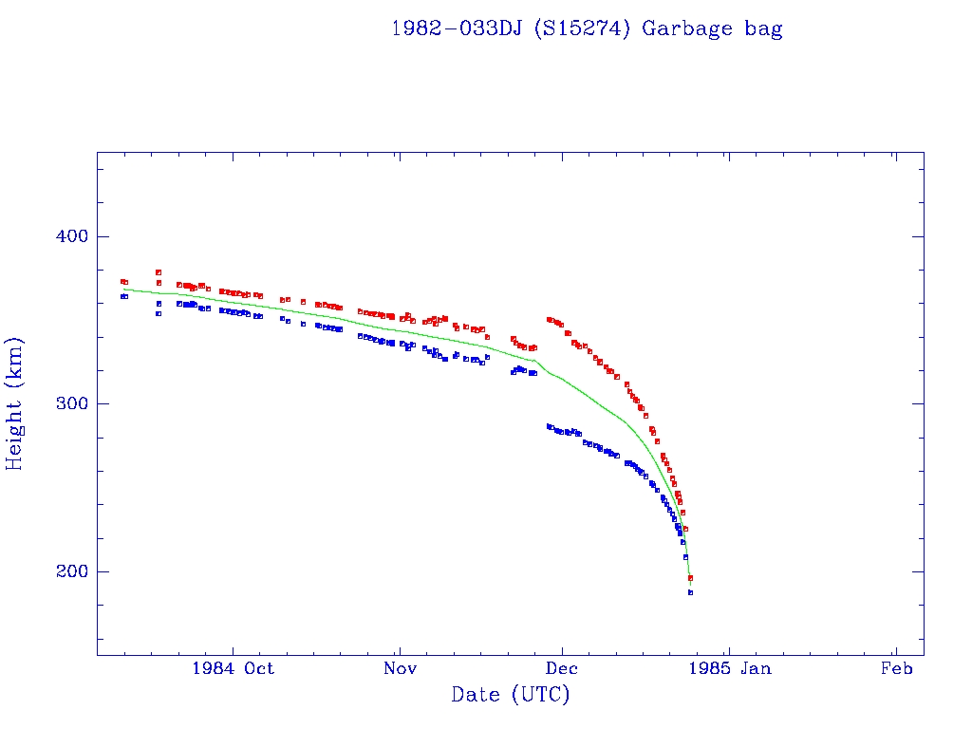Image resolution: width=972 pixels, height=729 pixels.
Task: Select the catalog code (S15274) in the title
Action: (583, 28)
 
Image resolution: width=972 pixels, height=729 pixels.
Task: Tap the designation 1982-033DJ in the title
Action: (457, 28)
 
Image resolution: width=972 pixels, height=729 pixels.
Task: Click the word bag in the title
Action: (764, 28)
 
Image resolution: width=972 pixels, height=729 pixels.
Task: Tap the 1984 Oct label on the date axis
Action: (233, 668)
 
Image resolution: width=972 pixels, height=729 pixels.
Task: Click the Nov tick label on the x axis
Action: (400, 668)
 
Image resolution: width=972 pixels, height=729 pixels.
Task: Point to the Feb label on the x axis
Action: (896, 668)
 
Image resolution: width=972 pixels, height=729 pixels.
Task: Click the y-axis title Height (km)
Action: (15, 403)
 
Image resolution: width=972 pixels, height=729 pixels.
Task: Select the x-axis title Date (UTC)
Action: (510, 695)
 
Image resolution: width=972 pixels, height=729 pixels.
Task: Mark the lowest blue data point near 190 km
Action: (690, 592)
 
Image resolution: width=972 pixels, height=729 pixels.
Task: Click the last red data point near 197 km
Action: (690, 577)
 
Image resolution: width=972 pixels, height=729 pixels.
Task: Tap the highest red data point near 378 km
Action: (159, 272)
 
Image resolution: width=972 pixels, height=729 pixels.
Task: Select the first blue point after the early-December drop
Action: (549, 426)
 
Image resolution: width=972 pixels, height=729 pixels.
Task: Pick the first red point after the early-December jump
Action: (550, 320)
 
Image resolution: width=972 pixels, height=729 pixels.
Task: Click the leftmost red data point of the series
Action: (122, 281)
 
